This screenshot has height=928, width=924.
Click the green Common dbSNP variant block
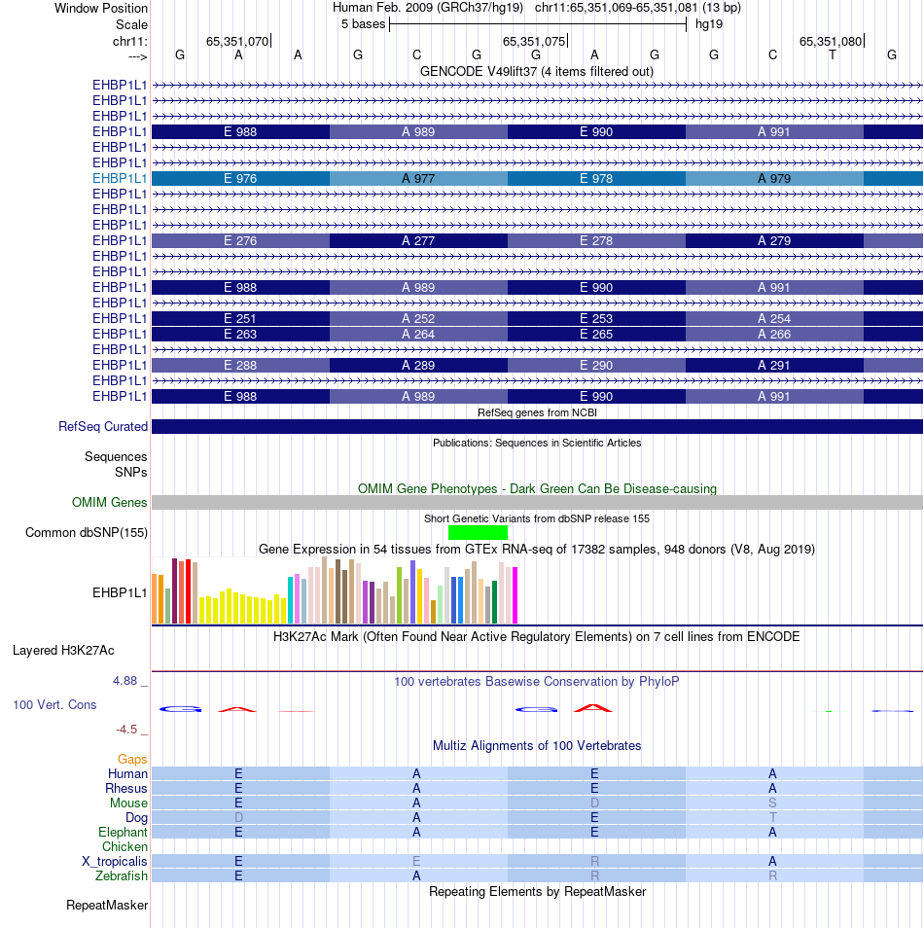pos(478,532)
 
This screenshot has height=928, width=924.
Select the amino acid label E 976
pos(240,179)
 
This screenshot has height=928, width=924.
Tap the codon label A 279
pos(773,241)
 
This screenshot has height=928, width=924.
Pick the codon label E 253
pos(596,319)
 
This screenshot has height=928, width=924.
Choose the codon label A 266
pos(773,335)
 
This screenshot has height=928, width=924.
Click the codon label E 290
pos(596,366)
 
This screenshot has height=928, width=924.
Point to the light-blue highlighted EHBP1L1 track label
pos(120,179)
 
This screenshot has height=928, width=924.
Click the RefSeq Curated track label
pos(103,427)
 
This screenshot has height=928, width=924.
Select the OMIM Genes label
pos(110,503)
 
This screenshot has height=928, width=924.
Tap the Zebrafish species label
pos(122,876)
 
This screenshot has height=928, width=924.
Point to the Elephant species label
pos(123,833)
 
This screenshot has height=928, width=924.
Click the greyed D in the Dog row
pos(238,818)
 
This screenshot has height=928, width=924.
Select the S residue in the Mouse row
pos(773,803)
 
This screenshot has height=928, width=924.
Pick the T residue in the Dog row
pos(773,818)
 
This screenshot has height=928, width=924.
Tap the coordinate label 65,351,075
pos(531,41)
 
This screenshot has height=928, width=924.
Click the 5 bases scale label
pos(363,24)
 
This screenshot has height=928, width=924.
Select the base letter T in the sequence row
pos(833,55)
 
